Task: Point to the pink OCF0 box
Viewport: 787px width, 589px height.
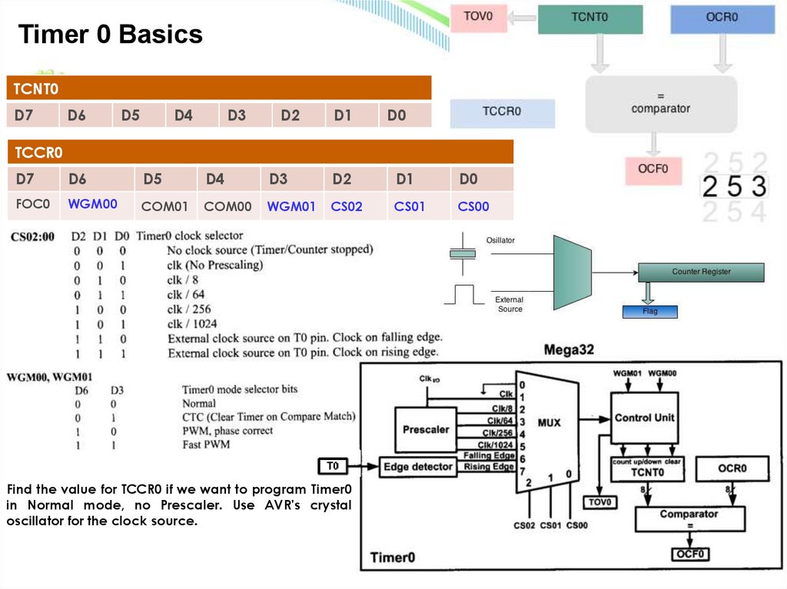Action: click(x=653, y=168)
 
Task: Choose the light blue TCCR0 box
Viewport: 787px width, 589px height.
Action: click(x=502, y=111)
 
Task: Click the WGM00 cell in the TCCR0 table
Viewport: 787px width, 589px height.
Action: click(x=93, y=205)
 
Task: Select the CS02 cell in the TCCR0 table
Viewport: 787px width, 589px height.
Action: click(x=347, y=206)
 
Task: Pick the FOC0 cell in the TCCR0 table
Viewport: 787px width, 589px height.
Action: click(x=32, y=205)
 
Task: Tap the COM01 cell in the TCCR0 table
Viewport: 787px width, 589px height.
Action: click(x=164, y=206)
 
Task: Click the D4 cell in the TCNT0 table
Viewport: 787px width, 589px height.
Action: click(x=183, y=116)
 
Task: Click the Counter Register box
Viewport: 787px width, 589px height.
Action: click(x=701, y=272)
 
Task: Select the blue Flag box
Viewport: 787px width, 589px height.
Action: click(x=650, y=312)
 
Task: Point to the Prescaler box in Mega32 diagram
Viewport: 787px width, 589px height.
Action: click(x=426, y=429)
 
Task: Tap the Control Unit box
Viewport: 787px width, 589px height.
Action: click(x=644, y=418)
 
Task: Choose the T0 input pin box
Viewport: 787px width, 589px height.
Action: click(x=333, y=466)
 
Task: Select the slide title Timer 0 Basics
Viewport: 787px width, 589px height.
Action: click(x=111, y=34)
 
